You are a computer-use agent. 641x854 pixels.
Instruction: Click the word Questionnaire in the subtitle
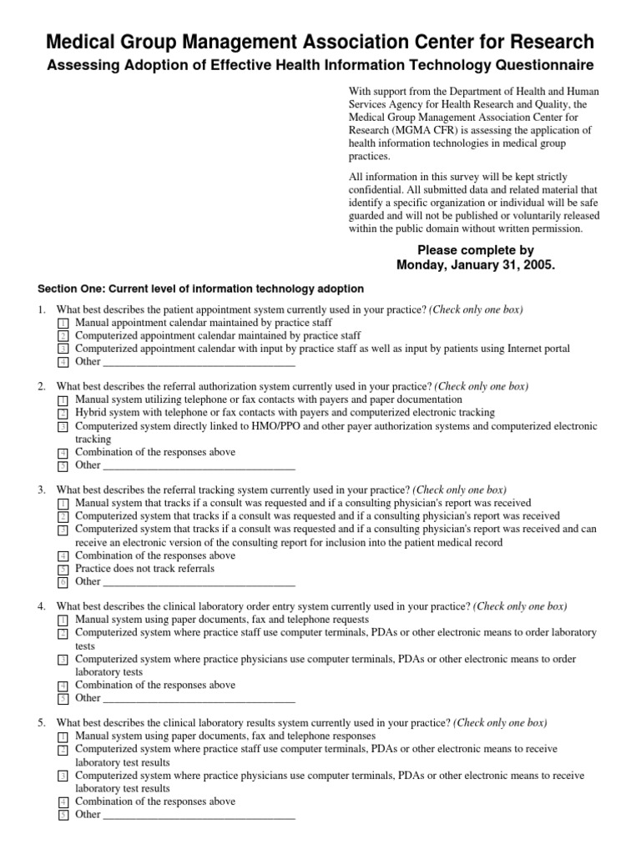pyautogui.click(x=544, y=65)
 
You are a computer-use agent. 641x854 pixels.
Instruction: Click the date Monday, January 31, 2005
pyautogui.click(x=475, y=264)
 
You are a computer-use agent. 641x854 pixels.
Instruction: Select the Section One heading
pyautogui.click(x=200, y=289)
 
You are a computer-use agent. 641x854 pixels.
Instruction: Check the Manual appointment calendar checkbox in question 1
pyautogui.click(x=63, y=324)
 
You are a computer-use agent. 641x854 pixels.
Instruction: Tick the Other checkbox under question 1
pyautogui.click(x=63, y=363)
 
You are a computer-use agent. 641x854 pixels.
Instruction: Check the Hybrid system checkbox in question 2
pyautogui.click(x=63, y=414)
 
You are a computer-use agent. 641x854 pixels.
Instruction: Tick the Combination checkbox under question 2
pyautogui.click(x=63, y=453)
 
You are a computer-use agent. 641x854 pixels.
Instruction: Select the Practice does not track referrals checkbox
pyautogui.click(x=63, y=570)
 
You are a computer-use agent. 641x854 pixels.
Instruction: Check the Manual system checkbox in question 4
pyautogui.click(x=63, y=621)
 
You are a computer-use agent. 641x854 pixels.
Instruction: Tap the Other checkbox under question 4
pyautogui.click(x=63, y=699)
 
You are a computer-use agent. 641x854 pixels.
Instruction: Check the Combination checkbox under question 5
pyautogui.click(x=63, y=802)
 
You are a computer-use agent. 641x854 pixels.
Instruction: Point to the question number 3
pyautogui.click(x=42, y=490)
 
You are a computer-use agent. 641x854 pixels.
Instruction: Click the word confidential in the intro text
pyautogui.click(x=376, y=190)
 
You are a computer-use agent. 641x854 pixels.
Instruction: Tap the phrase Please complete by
pyautogui.click(x=475, y=249)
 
